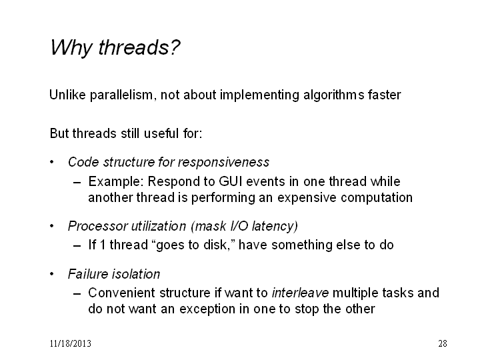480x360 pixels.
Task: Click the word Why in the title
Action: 71,48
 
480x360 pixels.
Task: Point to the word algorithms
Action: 334,95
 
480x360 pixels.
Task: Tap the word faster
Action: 385,95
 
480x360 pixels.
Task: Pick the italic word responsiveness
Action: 224,162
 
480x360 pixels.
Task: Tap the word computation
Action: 377,197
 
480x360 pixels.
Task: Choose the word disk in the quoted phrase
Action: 214,245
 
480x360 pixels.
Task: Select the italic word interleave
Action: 300,293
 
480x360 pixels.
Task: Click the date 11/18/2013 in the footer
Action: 71,343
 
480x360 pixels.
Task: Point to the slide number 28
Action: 443,343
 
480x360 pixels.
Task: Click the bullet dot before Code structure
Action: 52,162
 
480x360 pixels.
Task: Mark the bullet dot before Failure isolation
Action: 52,274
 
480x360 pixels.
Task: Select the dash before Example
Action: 77,183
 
